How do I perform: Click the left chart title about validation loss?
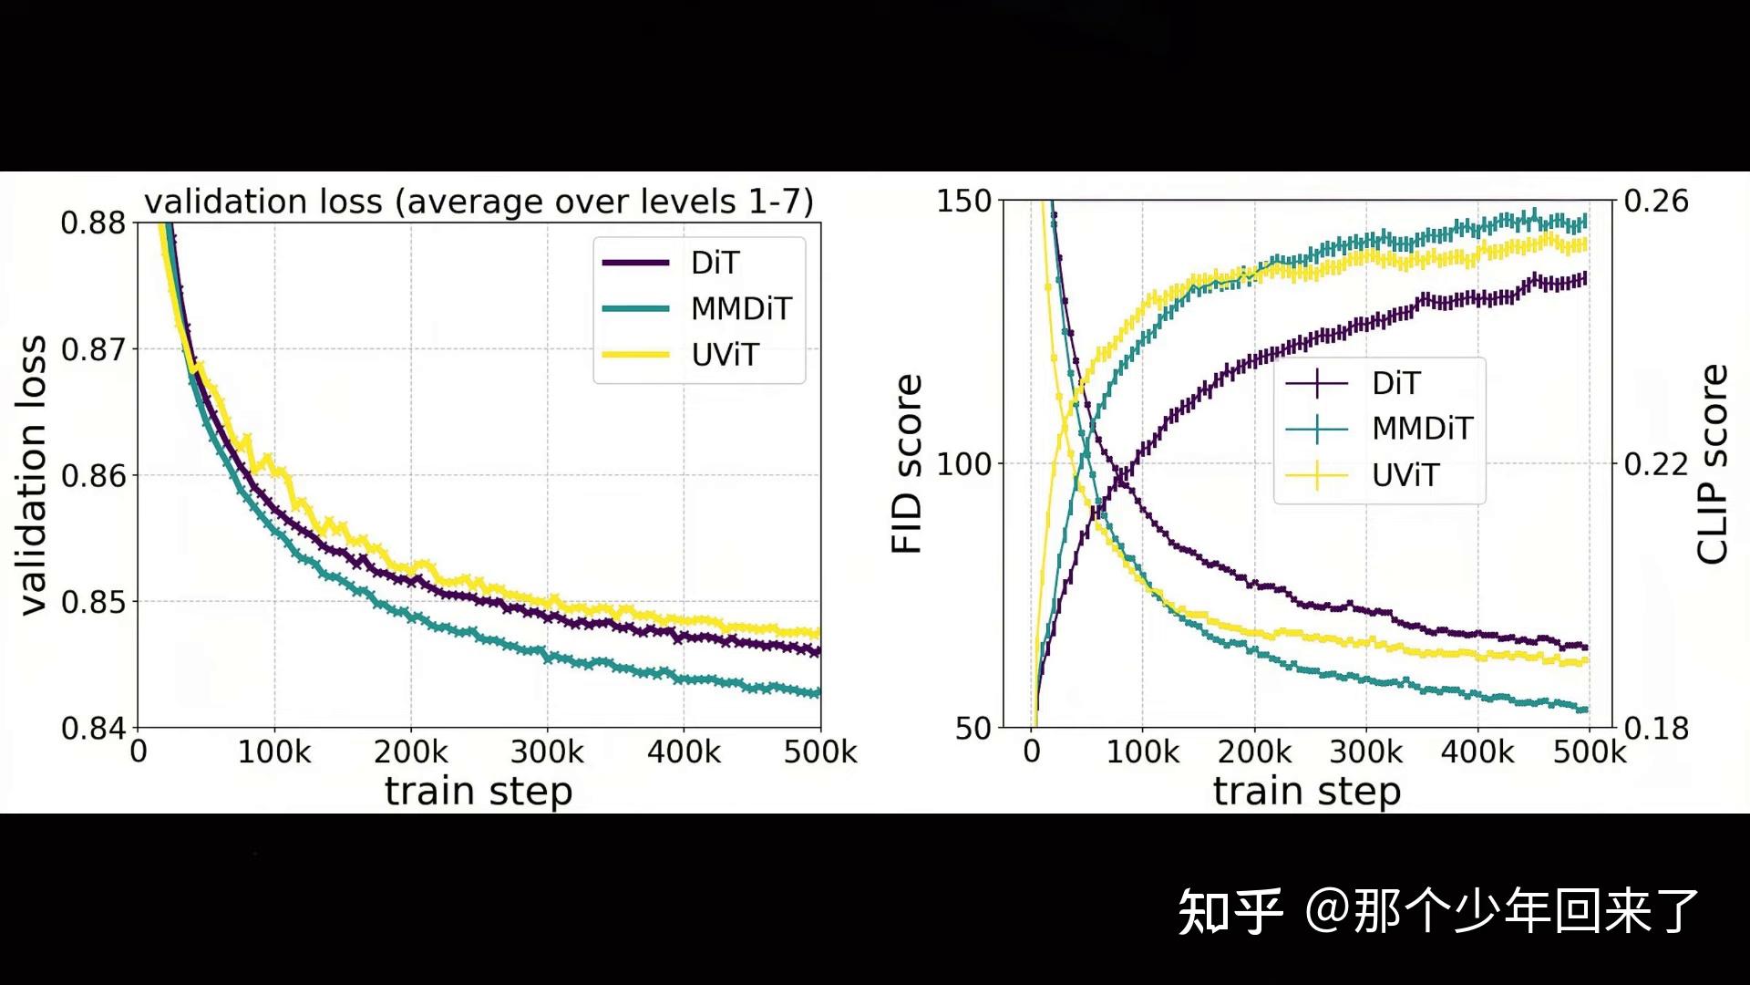point(479,202)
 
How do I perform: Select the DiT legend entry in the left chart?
point(671,263)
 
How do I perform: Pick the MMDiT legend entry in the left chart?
point(697,309)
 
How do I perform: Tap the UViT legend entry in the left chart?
point(680,355)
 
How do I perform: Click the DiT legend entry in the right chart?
point(1353,383)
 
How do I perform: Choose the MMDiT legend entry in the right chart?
point(1379,429)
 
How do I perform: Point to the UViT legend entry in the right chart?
point(1362,475)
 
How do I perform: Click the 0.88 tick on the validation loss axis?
point(93,223)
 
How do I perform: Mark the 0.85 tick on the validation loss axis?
point(93,602)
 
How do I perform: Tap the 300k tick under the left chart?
point(547,752)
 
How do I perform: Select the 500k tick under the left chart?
point(820,752)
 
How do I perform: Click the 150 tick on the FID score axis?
point(964,201)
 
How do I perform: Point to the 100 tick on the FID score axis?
point(964,464)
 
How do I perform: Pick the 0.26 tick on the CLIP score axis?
point(1656,201)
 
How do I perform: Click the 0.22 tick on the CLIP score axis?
point(1656,464)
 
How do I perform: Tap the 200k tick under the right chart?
point(1254,752)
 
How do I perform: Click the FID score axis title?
point(907,463)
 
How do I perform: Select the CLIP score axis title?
point(1712,464)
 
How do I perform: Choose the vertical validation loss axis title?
point(32,475)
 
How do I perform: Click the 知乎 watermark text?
point(1230,911)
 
